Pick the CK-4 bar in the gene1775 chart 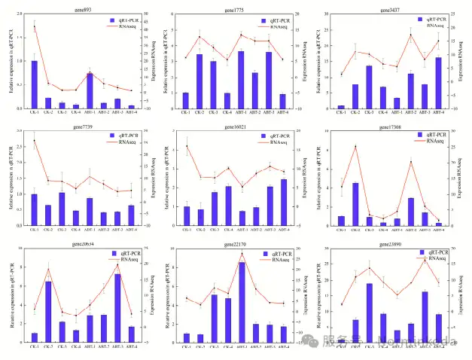point(227,101)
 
